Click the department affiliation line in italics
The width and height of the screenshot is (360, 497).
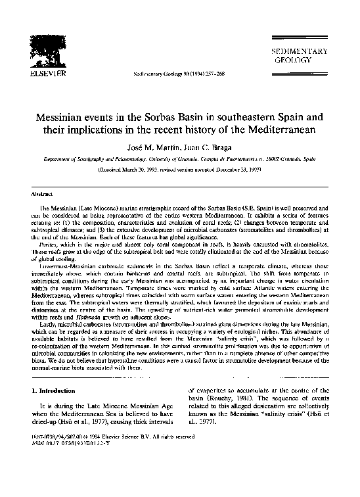pos(180,158)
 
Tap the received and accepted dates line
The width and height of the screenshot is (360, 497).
pos(180,168)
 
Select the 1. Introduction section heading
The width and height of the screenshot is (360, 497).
pos(55,390)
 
